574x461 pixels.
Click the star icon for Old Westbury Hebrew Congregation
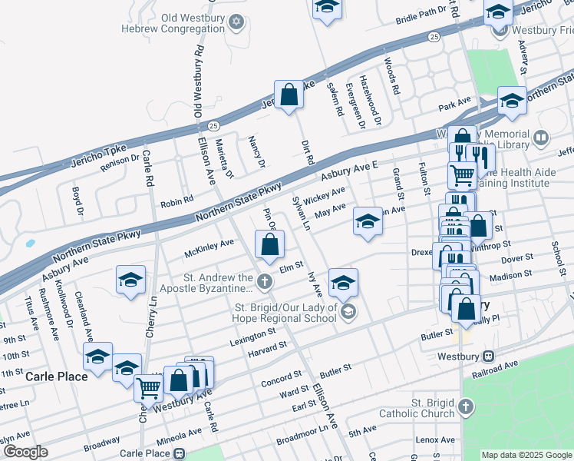[x=237, y=21]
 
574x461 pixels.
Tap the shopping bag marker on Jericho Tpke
[x=289, y=95]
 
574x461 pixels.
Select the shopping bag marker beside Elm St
[x=269, y=246]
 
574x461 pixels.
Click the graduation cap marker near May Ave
[x=368, y=223]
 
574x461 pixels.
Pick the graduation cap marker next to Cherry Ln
[x=130, y=280]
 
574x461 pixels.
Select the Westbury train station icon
[x=488, y=357]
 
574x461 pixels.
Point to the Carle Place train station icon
[x=179, y=453]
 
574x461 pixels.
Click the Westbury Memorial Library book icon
[x=541, y=138]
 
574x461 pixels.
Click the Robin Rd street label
[x=176, y=202]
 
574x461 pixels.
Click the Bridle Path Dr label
[x=421, y=15]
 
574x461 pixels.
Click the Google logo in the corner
[x=26, y=452]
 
